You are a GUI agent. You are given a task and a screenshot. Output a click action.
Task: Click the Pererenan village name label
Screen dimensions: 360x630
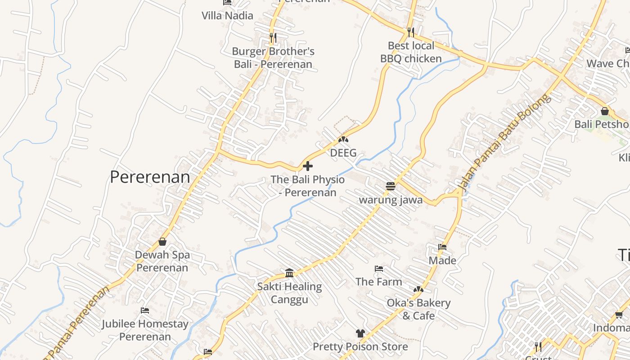click(150, 177)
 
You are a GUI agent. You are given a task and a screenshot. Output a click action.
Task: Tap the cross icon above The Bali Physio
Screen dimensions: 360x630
click(308, 166)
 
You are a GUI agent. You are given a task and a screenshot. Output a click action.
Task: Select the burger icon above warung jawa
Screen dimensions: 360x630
click(390, 186)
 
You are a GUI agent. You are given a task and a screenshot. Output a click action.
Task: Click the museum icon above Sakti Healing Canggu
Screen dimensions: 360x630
click(289, 273)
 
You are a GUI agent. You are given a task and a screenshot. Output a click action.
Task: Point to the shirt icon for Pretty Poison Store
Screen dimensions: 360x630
click(360, 333)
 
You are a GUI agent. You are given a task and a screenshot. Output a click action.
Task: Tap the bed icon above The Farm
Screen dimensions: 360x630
click(379, 269)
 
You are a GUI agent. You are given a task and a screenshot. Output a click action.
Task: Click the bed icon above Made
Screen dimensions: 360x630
click(442, 247)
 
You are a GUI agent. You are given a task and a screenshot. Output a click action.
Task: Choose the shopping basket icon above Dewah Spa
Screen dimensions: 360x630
click(162, 242)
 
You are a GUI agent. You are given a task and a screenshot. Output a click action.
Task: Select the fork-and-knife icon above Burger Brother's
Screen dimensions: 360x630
click(273, 37)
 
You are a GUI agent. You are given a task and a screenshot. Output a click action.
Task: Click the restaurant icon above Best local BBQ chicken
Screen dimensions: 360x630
click(410, 32)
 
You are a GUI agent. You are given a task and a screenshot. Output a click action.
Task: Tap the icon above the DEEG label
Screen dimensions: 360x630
click(343, 139)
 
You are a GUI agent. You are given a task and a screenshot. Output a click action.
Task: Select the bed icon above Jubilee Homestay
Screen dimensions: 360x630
click(145, 310)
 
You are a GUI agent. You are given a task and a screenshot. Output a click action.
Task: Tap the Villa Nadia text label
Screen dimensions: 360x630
click(227, 15)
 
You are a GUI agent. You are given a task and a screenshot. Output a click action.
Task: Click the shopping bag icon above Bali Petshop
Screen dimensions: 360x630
click(605, 111)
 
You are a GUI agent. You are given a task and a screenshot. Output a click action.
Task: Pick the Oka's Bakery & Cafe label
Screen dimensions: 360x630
click(418, 309)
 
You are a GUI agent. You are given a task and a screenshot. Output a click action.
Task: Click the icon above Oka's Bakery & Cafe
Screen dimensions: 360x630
click(418, 289)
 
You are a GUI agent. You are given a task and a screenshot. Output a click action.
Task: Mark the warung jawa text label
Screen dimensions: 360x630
click(391, 200)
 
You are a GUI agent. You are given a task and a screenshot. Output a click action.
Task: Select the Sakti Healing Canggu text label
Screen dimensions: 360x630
click(289, 293)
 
